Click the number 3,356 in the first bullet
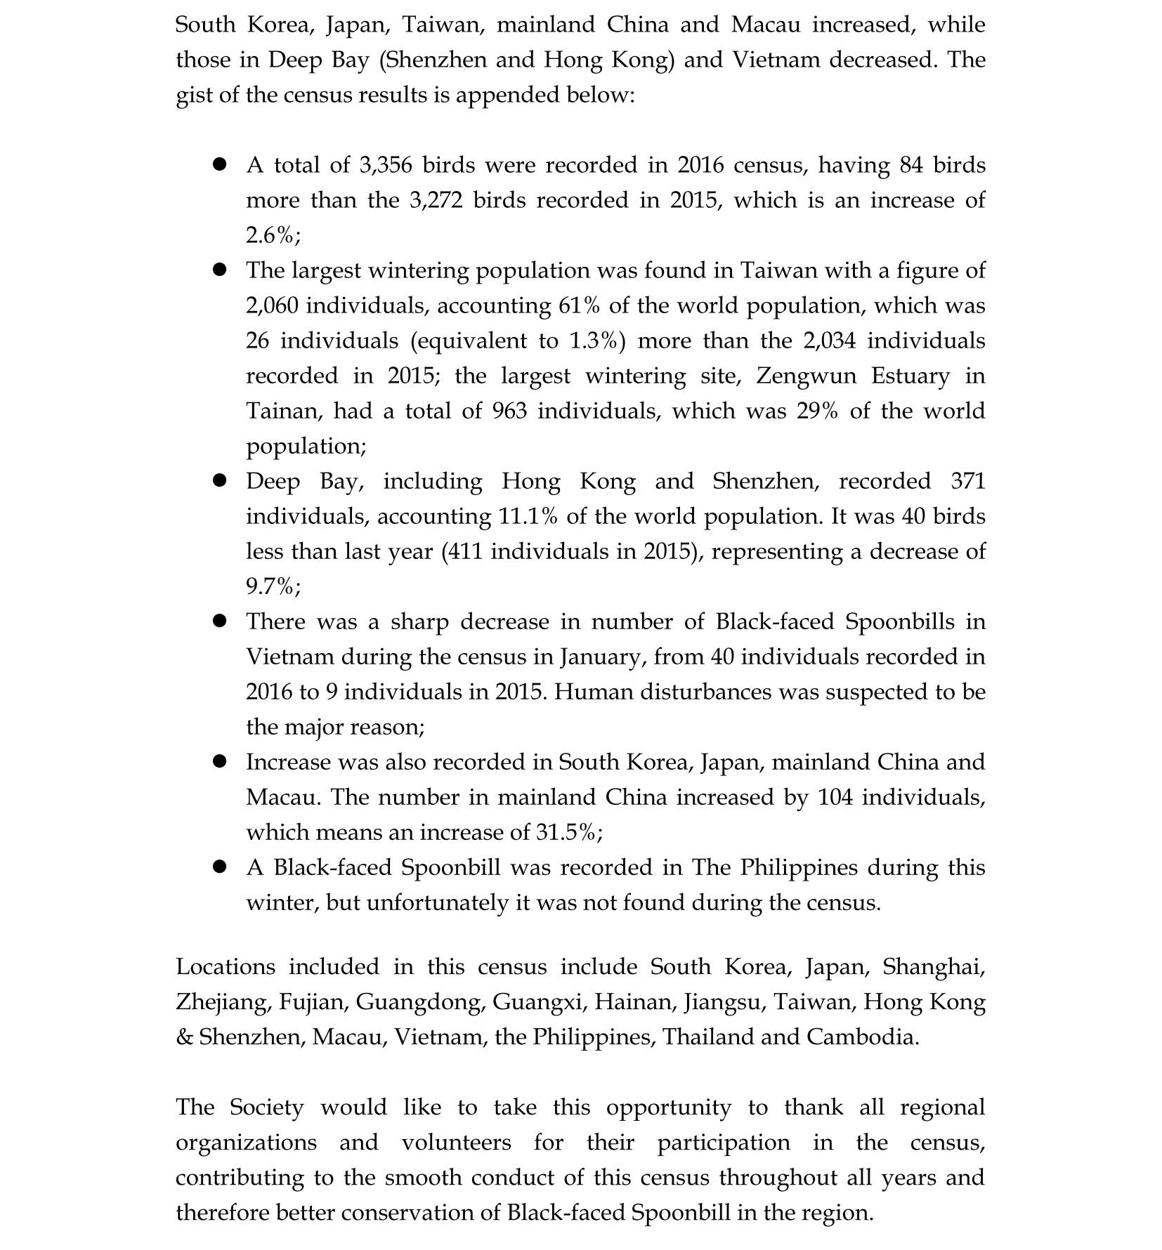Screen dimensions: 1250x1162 point(385,165)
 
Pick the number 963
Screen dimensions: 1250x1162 point(509,411)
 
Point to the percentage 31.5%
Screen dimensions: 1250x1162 point(567,832)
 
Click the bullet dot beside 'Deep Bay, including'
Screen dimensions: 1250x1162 point(220,480)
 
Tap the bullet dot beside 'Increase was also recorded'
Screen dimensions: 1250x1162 point(220,761)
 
